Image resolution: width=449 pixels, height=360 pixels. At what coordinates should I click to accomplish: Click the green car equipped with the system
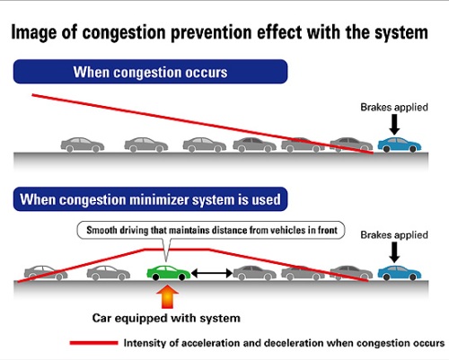click(x=168, y=273)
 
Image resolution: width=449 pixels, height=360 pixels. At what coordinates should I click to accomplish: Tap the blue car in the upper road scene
click(x=400, y=145)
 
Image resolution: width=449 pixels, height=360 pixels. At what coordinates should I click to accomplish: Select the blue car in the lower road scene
click(x=400, y=273)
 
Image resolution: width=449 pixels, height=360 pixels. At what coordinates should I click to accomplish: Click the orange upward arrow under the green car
click(x=168, y=296)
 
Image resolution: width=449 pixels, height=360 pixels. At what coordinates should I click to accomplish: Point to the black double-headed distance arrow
click(x=212, y=273)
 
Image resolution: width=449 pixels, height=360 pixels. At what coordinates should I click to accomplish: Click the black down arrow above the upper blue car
click(x=394, y=125)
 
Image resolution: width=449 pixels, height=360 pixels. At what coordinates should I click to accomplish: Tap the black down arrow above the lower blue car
click(x=394, y=252)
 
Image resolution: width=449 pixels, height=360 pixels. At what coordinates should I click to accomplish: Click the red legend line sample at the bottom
click(x=93, y=343)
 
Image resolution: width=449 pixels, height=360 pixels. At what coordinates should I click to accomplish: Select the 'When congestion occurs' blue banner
click(x=150, y=72)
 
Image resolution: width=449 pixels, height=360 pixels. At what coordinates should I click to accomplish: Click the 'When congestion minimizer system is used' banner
click(x=150, y=199)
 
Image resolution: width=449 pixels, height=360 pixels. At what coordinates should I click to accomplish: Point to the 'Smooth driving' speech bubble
click(x=211, y=230)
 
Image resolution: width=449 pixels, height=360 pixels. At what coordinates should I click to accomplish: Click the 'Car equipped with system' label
click(x=166, y=318)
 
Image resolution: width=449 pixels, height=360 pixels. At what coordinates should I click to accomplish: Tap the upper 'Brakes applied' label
click(x=394, y=107)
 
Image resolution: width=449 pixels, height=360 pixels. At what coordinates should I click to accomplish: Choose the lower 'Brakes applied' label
click(x=394, y=235)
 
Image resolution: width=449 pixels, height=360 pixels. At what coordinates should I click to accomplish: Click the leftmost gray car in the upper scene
click(x=83, y=145)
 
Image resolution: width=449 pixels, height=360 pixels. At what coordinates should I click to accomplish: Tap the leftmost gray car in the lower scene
click(x=46, y=273)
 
